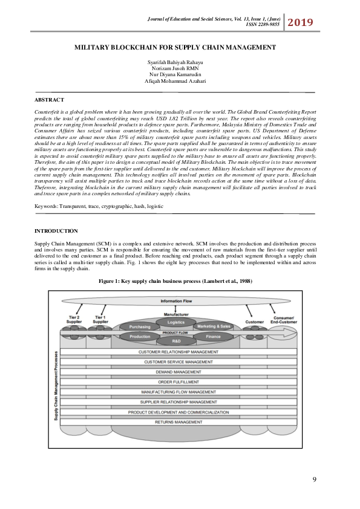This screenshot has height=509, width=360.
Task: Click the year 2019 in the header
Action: (301, 23)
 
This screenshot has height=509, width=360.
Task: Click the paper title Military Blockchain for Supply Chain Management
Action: (175, 47)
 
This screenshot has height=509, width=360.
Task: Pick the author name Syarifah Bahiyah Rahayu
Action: (175, 63)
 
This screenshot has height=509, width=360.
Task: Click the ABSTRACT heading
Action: (49, 99)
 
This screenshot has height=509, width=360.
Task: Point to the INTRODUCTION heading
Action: (56, 231)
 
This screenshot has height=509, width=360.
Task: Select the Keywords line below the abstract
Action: (99, 206)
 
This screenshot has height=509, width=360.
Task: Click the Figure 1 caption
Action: (175, 281)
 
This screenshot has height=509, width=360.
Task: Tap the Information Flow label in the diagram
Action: (176, 300)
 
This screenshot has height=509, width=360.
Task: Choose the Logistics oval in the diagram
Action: (176, 323)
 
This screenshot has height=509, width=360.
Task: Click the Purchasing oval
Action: (139, 327)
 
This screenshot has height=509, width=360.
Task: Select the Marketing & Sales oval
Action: (214, 327)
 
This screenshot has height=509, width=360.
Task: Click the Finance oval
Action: (214, 336)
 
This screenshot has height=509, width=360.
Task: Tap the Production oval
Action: (140, 336)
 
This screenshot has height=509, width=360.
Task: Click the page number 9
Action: (314, 479)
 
